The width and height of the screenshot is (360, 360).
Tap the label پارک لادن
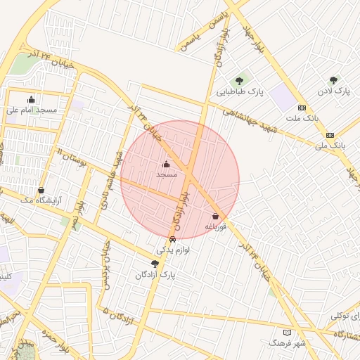[333, 91]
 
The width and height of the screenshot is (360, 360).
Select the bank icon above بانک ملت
[302, 108]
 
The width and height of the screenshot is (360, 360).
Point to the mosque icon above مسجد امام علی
[31, 99]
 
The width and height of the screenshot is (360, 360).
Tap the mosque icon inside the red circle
[166, 163]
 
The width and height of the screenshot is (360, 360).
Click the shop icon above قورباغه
[215, 217]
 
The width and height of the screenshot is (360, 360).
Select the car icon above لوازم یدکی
[172, 239]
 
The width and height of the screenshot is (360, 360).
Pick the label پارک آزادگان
[155, 275]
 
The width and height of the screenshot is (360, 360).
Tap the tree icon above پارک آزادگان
[155, 264]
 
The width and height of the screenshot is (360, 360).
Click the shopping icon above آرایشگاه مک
[41, 190]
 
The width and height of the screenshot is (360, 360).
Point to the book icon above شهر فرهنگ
[286, 332]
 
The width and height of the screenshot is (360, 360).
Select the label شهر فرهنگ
[286, 343]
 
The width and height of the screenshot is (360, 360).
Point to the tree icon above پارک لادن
[333, 80]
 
